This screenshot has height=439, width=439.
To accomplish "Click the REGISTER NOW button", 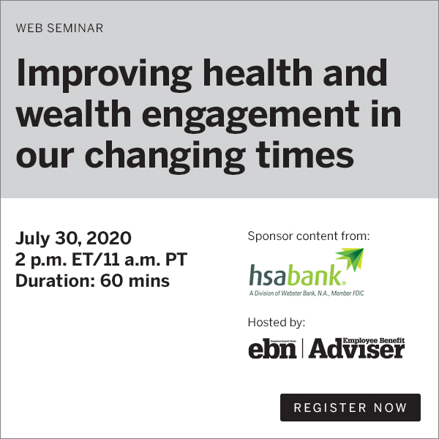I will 350,408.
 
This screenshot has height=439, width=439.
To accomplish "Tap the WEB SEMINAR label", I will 59,29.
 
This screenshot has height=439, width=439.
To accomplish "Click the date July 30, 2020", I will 73,239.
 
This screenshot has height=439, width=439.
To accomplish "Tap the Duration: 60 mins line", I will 92,280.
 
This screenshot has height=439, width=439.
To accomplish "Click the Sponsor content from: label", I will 309,236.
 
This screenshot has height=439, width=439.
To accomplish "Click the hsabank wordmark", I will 296,277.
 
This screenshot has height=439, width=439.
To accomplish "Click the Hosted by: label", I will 277,322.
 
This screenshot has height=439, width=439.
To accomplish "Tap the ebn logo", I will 272,349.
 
